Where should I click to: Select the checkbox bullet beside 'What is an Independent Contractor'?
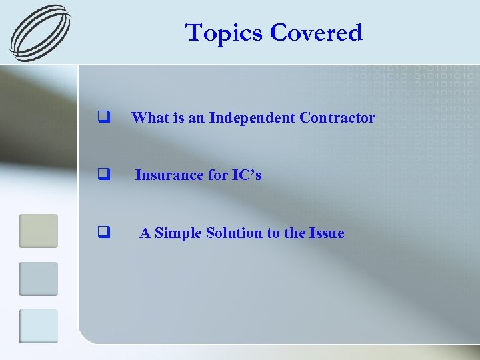coord(103,118)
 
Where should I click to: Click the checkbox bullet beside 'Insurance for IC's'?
coord(103,175)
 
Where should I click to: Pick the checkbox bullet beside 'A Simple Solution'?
coord(103,233)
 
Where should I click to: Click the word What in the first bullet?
coord(148,118)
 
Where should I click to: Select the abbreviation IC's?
coord(247,175)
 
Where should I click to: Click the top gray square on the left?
coord(38,231)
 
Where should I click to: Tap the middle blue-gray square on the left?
coord(38,279)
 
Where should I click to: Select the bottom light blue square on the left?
coord(38,326)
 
